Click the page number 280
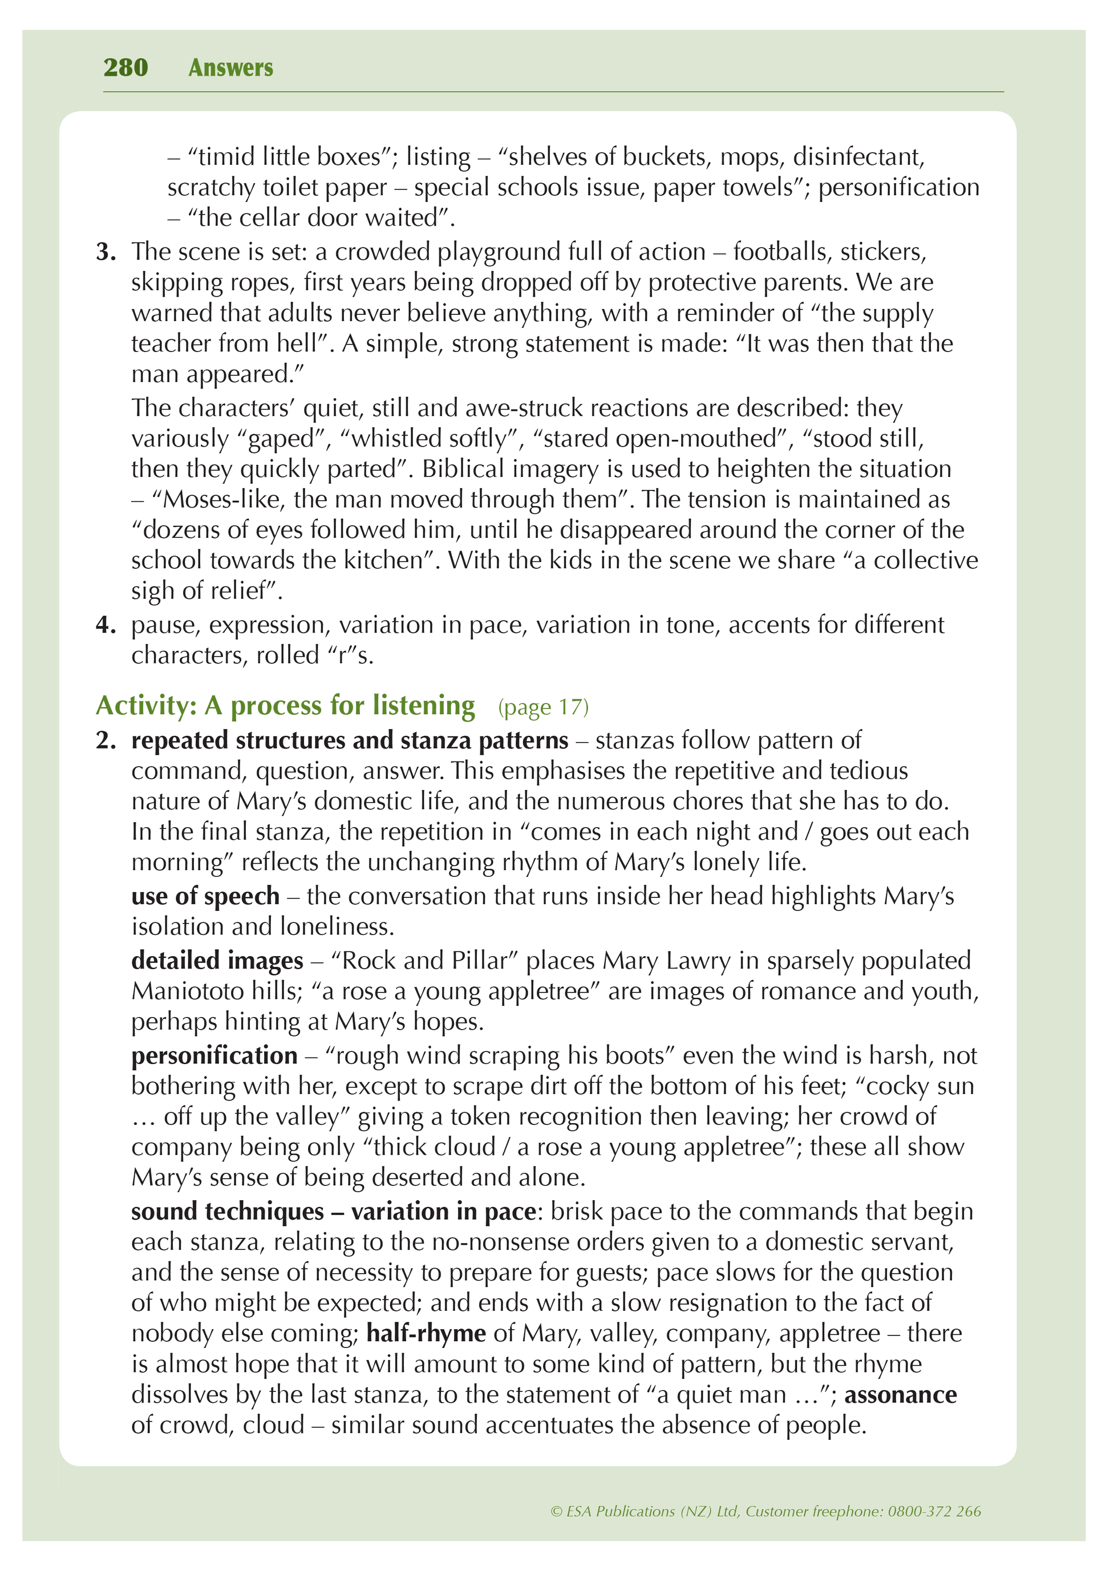coord(125,68)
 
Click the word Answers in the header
coord(230,68)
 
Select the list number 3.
coord(106,252)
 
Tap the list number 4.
coord(106,625)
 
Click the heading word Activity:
coord(147,706)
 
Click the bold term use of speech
coord(205,896)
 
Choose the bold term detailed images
coord(217,961)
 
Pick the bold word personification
coord(214,1056)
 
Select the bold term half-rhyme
coord(426,1333)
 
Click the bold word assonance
coord(901,1395)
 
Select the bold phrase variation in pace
coord(443,1212)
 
